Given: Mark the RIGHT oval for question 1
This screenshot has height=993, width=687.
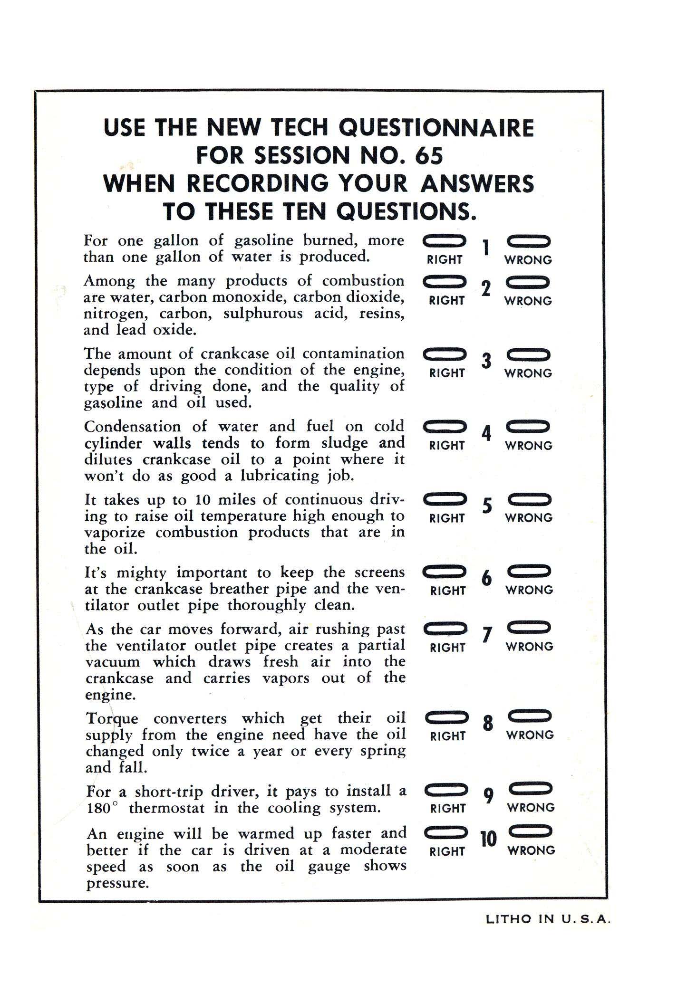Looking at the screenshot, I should pos(444,242).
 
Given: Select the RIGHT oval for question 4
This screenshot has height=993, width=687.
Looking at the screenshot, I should pos(445,428).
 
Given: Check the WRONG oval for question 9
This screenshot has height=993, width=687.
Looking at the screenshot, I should pos(531,789).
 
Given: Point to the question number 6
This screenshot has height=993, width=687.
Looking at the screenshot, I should pos(486,578).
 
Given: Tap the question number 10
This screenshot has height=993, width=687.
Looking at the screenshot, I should pos(488,839).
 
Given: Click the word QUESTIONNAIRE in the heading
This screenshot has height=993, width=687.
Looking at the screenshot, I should pos(438,128).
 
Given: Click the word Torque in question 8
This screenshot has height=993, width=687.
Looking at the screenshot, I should pos(112,719).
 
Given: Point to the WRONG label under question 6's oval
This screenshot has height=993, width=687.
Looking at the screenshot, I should pos(529,590).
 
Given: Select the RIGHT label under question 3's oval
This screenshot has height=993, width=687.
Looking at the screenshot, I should pos(446,373).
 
